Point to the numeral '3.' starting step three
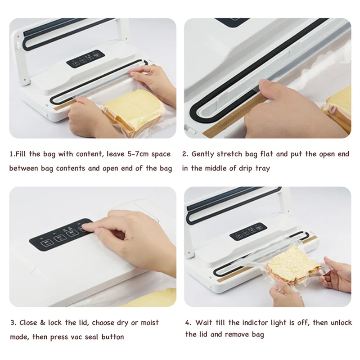[13, 323]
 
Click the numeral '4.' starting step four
[188, 323]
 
